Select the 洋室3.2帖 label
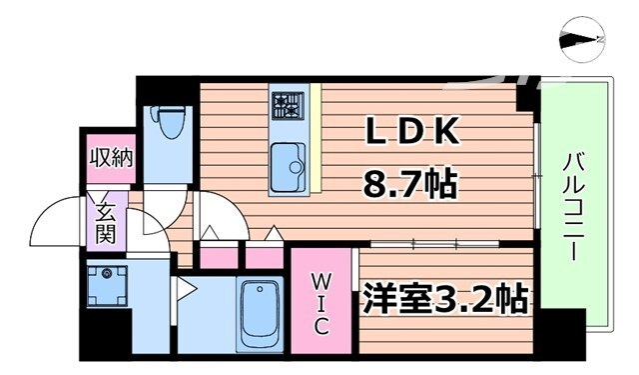click(x=444, y=298)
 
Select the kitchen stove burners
click(x=289, y=105)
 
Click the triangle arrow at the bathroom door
click(x=184, y=291)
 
